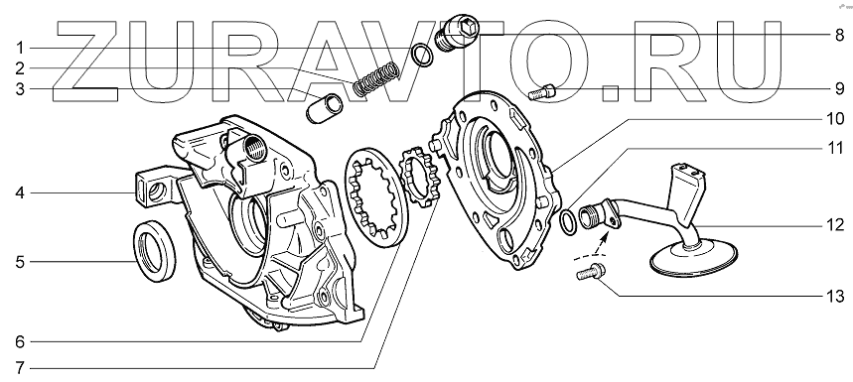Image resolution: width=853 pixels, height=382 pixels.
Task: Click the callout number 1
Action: point(20,49)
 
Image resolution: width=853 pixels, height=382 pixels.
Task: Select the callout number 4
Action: point(20,192)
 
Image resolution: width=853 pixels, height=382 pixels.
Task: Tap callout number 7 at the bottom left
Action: point(20,368)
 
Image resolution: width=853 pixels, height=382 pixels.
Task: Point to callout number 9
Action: point(838,88)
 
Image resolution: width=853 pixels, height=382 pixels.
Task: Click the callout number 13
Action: point(835,296)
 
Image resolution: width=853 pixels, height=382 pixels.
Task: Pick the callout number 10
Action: point(835,119)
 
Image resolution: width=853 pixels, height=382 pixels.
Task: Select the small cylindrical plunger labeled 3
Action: point(325,107)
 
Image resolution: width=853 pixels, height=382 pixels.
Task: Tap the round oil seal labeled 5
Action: point(155,250)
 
